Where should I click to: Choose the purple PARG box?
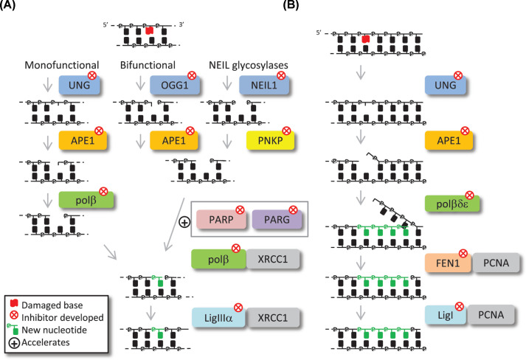[274, 219]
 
